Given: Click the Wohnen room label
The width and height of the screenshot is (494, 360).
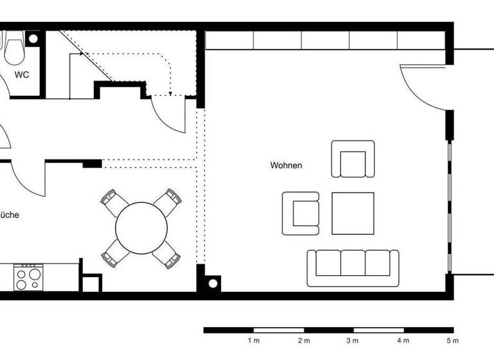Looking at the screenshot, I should pos(286,165).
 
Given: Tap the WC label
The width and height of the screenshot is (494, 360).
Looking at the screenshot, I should pos(22,75).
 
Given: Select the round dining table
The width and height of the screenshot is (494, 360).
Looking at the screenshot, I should pos(142,228).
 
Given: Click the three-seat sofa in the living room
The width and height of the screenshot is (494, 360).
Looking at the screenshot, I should pos(352,267).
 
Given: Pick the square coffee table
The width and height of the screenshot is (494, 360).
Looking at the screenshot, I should pos(352,213).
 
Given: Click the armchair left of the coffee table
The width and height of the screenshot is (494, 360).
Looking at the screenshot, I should pos(300,213).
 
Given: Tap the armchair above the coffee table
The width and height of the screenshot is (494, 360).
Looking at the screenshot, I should pos(352,159).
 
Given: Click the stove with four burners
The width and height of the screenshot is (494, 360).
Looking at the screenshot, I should pos(28,277).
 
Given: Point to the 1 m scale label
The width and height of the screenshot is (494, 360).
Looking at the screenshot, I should pos(253,340).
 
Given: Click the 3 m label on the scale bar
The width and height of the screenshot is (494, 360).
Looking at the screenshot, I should pos(353,340).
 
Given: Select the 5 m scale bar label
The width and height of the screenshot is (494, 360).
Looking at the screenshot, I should pos(453,340).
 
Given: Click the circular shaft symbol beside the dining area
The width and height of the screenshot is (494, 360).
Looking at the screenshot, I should pos(212,283).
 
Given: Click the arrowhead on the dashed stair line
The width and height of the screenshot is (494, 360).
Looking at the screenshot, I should pos(170,94).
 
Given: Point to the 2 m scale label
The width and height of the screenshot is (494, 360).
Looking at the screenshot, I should pos(303,340).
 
